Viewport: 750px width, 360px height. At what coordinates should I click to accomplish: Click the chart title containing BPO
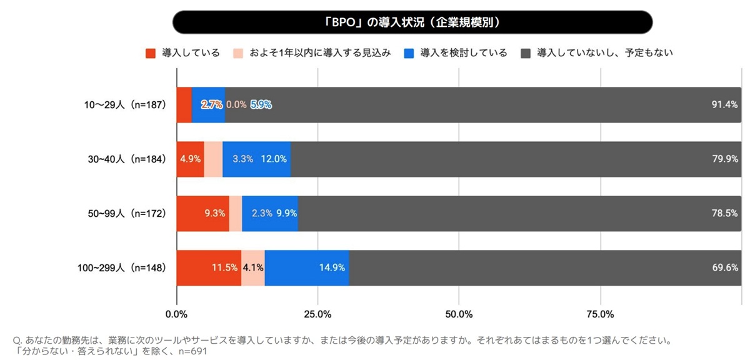[x=412, y=22]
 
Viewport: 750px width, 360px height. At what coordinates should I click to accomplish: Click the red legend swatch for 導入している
[x=150, y=53]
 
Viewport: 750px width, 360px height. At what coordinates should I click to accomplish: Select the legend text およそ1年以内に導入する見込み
[x=319, y=53]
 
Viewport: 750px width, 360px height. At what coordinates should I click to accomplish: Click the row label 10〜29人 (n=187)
[x=123, y=105]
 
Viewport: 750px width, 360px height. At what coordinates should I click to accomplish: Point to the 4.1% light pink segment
[x=253, y=268]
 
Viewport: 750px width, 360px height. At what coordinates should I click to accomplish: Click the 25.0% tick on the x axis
[x=317, y=314]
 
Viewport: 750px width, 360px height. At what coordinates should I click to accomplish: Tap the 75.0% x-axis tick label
[x=600, y=314]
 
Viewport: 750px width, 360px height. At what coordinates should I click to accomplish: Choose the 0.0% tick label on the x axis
[x=177, y=314]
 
